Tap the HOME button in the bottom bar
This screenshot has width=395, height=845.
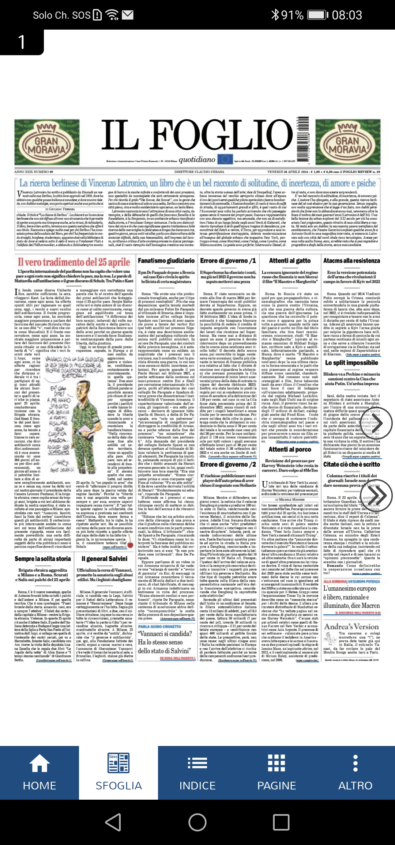(x=39, y=773)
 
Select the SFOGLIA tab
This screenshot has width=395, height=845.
(x=118, y=773)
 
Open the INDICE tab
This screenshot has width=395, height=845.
(x=197, y=773)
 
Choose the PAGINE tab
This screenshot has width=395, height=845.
(x=276, y=773)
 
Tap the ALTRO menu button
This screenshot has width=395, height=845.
(x=355, y=773)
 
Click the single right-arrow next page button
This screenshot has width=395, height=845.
(x=376, y=423)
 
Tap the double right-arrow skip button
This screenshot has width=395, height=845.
(x=376, y=496)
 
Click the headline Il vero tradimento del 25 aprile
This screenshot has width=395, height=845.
(x=74, y=262)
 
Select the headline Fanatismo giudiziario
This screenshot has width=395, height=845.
(x=166, y=261)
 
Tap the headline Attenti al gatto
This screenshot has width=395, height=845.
(x=290, y=261)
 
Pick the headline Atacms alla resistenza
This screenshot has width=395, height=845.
(x=351, y=261)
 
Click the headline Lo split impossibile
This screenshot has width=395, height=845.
(x=351, y=363)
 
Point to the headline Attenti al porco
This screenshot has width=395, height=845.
(x=290, y=450)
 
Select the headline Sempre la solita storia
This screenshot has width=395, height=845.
(x=43, y=559)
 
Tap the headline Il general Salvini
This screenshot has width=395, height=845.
(x=104, y=559)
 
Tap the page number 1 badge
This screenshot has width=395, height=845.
(x=22, y=42)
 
